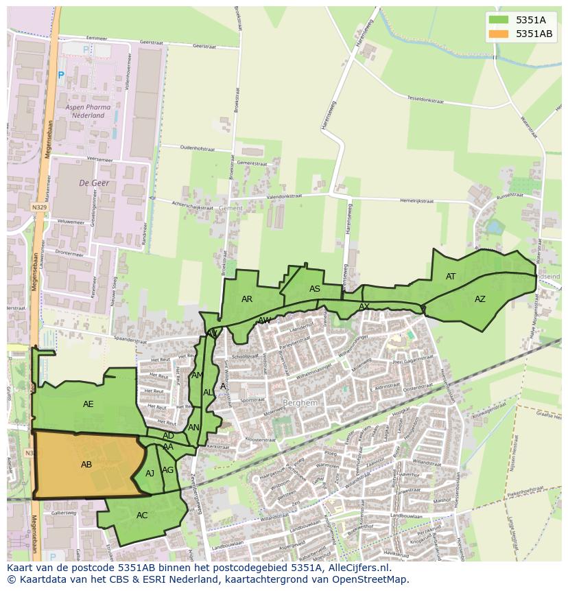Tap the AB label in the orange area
(86, 465)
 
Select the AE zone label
(88, 404)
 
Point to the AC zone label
(142, 515)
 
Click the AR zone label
(247, 299)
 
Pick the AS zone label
(314, 289)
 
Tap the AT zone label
(451, 277)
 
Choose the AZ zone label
(480, 299)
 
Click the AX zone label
(364, 307)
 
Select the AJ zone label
(150, 474)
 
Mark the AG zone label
(167, 470)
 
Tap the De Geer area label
(94, 183)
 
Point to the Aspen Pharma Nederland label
(85, 112)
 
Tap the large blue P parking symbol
(60, 75)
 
